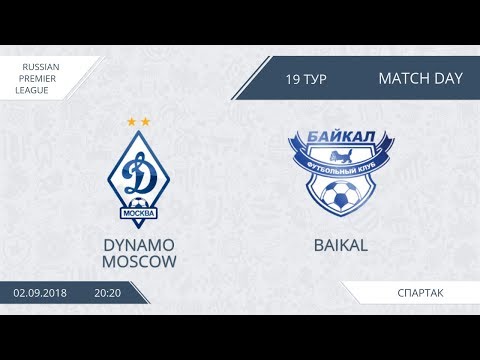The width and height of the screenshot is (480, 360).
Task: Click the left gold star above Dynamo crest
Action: [131, 122]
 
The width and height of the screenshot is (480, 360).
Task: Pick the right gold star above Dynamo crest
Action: [146, 122]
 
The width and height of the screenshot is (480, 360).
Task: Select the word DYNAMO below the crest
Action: [139, 244]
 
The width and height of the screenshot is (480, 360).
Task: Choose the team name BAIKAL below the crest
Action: [331, 244]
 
